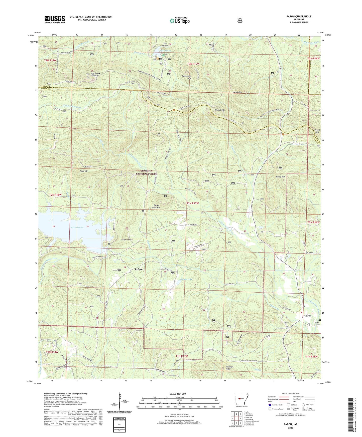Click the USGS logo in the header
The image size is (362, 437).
55,19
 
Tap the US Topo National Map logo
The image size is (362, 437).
180,21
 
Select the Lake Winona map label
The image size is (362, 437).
77,228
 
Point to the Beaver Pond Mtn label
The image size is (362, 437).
156,206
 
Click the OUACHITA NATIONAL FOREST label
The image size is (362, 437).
146,172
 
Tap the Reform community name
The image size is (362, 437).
139,269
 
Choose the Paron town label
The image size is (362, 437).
308,316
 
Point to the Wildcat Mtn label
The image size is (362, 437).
220,110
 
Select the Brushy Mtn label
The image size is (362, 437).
280,177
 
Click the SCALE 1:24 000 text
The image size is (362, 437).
178,394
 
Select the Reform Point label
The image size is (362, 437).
127,239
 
